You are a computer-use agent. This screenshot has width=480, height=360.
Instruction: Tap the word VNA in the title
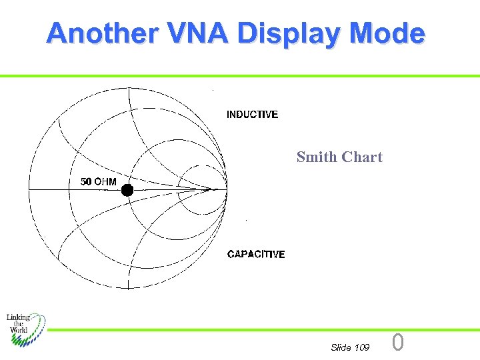pos(198,33)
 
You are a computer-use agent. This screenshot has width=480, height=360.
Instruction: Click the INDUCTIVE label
pos(252,115)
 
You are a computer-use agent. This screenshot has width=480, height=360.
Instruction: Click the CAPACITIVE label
pos(256,254)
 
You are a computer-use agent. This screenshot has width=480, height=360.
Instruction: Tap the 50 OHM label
pos(98,181)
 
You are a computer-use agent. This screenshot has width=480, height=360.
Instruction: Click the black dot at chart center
pos(127,190)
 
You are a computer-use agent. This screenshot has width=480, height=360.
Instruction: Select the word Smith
pos(317,157)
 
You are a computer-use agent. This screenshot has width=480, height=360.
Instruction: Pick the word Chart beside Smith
pos(362,157)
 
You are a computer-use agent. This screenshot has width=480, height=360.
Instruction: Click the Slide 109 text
pos(350,347)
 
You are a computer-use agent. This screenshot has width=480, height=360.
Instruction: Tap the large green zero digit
pos(398,343)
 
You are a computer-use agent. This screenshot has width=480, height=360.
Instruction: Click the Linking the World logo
pos(25,329)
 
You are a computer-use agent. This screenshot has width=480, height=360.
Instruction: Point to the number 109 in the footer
pos(362,347)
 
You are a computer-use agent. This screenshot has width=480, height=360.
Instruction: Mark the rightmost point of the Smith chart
pos(227,189)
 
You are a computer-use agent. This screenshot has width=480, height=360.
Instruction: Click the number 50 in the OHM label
pos(86,181)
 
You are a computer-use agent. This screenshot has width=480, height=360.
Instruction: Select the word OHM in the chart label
pos(105,181)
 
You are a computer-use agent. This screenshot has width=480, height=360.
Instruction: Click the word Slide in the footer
pos(341,347)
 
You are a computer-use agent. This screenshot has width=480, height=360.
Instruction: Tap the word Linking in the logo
pos(19,318)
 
